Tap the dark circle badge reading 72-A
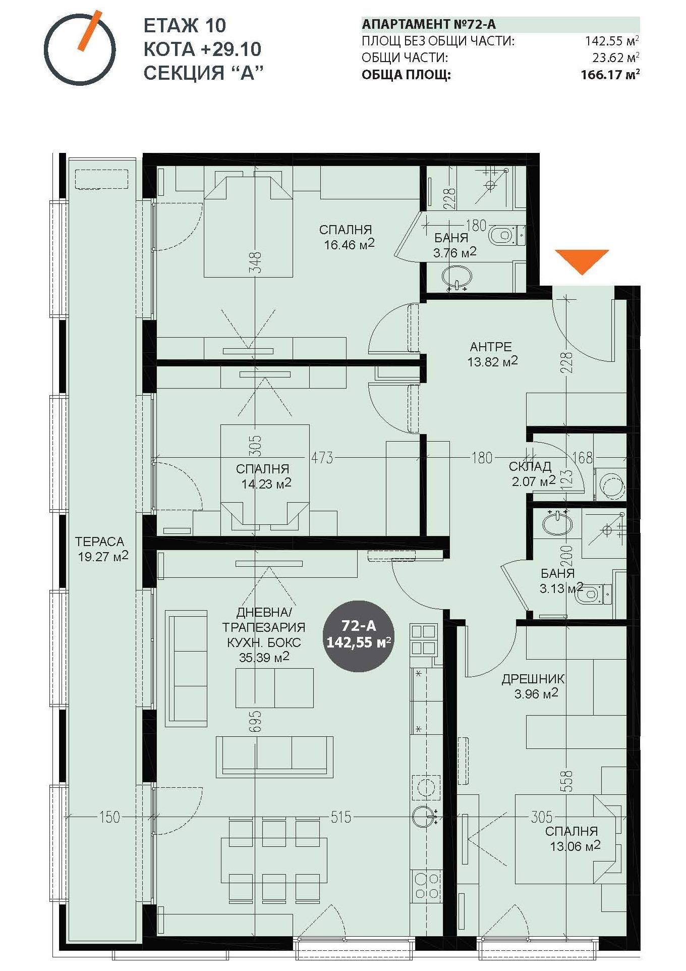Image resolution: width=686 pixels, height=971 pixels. point(359,636)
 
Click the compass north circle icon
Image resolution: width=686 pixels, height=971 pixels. point(80,49)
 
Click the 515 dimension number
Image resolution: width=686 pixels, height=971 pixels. point(340,817)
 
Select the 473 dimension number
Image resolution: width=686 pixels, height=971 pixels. point(322,458)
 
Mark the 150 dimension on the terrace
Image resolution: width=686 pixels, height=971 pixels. point(109,817)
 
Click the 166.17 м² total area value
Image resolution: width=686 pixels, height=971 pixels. point(610,75)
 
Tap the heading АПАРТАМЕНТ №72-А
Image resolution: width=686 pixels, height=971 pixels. point(429,24)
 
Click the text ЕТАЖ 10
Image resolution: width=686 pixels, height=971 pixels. point(185,25)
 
